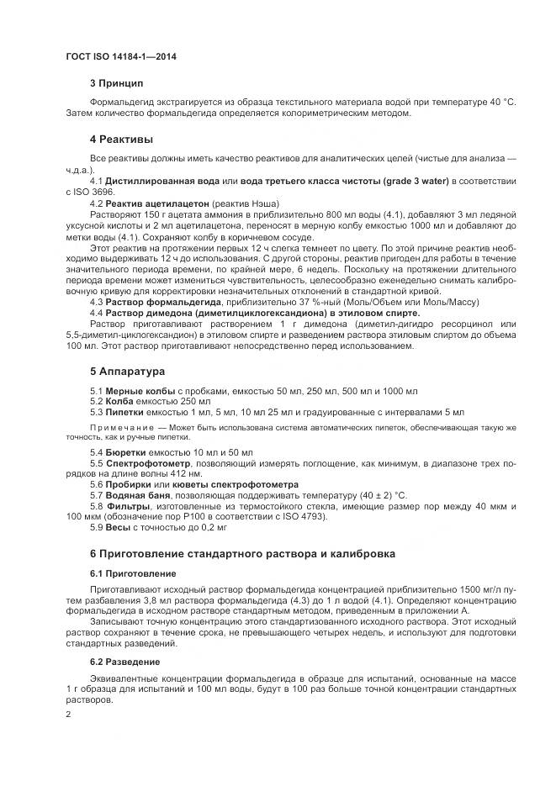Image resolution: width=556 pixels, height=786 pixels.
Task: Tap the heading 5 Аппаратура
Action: click(x=128, y=371)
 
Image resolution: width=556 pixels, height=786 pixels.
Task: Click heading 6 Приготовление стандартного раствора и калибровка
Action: click(x=243, y=553)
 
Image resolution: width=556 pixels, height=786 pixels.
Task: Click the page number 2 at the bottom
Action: click(x=69, y=715)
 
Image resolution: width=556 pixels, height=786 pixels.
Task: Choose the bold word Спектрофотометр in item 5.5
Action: click(x=149, y=463)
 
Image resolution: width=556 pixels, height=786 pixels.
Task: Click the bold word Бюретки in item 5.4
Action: click(x=128, y=452)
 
